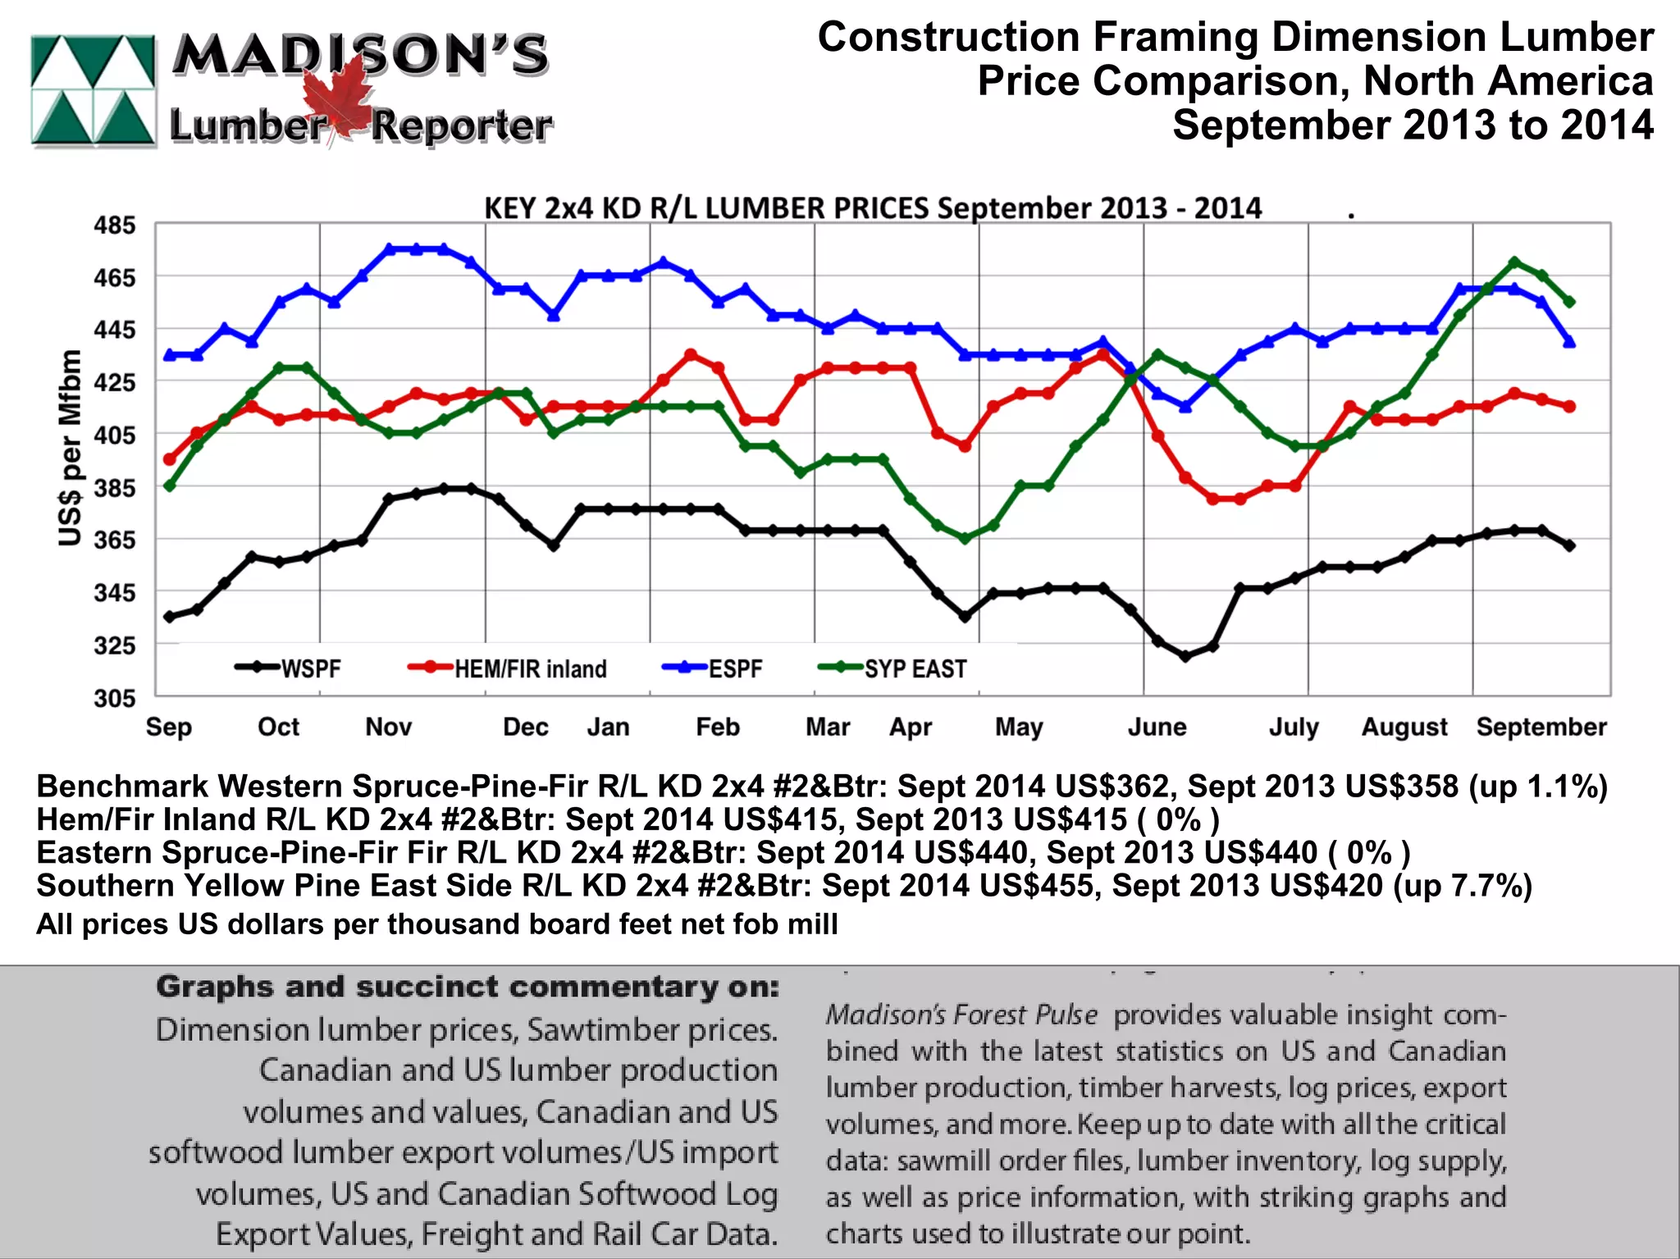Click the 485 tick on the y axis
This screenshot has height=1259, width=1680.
tap(114, 226)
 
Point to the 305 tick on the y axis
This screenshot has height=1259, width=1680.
tap(114, 698)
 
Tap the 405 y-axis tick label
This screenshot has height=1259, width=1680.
tap(114, 435)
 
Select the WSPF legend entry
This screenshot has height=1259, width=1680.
tap(288, 668)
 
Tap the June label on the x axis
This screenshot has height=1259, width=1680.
tap(1157, 727)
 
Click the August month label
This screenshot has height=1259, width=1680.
tap(1404, 727)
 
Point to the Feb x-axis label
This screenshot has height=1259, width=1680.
tap(718, 727)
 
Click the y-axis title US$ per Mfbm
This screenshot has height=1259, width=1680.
tap(71, 448)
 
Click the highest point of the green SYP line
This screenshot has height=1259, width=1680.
tap(1514, 262)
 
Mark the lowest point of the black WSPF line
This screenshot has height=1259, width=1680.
tap(1185, 656)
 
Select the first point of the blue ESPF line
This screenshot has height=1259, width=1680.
tap(170, 355)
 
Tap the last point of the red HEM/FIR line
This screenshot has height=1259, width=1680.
tap(1569, 407)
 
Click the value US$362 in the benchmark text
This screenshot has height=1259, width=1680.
tap(1111, 786)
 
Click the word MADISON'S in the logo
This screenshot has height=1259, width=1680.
tap(361, 56)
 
